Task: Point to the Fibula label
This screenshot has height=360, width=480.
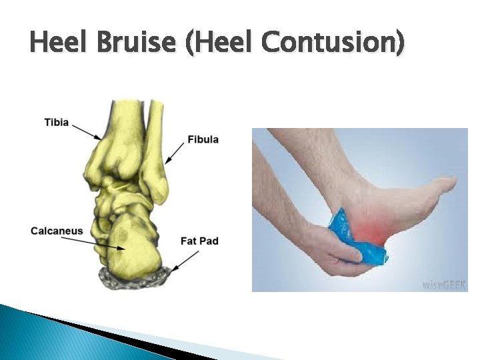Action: [203, 139]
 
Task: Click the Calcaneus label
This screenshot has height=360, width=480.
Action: [57, 231]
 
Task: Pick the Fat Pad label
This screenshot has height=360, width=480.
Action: [199, 240]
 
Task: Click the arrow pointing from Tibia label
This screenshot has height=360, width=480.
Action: [87, 131]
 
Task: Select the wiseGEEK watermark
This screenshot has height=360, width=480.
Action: [444, 284]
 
